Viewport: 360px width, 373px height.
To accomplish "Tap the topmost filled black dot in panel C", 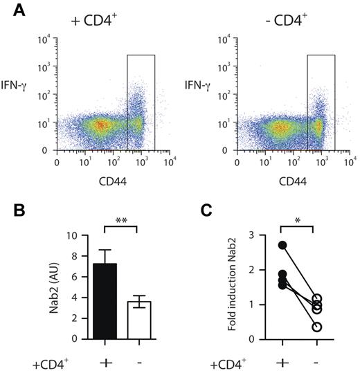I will coord(282,245).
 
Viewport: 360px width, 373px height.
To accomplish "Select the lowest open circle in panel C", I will coord(317,327).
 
